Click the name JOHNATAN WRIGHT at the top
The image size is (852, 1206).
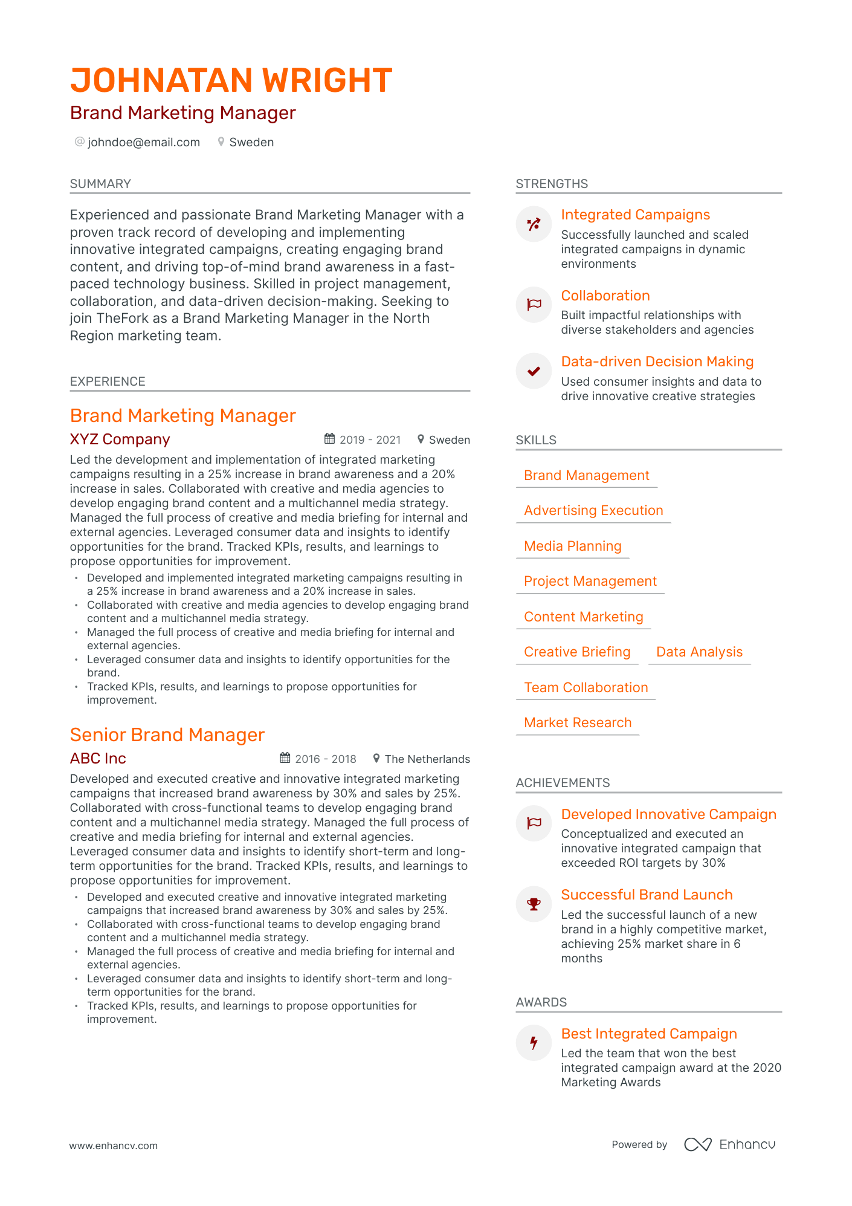click(231, 80)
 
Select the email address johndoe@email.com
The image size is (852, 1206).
click(143, 142)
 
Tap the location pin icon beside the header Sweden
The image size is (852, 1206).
click(221, 142)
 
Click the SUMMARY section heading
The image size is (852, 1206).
click(100, 184)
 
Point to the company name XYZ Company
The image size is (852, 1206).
click(120, 439)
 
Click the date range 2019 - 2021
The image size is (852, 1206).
click(370, 440)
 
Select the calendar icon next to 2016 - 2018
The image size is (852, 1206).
click(285, 758)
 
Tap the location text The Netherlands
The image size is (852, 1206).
click(427, 759)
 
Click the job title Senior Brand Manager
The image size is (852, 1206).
click(167, 734)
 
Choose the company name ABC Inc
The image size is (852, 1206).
click(98, 759)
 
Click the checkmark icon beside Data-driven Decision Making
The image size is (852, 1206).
click(534, 371)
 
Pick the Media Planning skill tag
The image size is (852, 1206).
click(572, 546)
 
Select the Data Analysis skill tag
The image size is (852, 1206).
click(699, 652)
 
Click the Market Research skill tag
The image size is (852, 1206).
click(578, 723)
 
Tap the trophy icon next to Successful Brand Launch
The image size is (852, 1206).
click(534, 904)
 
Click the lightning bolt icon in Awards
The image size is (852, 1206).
click(534, 1043)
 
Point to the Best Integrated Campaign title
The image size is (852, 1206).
click(649, 1034)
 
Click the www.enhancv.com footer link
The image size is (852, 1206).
click(114, 1146)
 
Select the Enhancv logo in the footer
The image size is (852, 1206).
click(729, 1144)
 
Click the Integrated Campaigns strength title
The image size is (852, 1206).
click(635, 215)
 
